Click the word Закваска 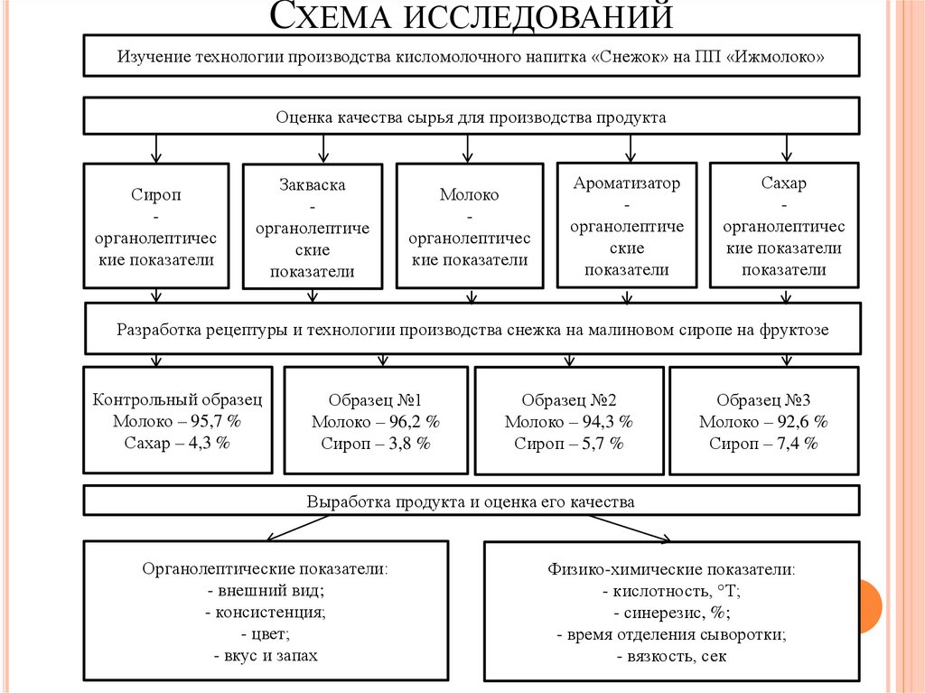pyautogui.click(x=313, y=184)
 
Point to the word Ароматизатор pyautogui.click(x=627, y=183)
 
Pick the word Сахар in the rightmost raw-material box pyautogui.click(x=784, y=183)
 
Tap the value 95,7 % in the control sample pyautogui.click(x=213, y=421)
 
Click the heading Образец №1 pyautogui.click(x=376, y=400)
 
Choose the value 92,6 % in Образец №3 pyautogui.click(x=796, y=422)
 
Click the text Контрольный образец pyautogui.click(x=177, y=399)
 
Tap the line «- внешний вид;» pyautogui.click(x=266, y=591)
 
